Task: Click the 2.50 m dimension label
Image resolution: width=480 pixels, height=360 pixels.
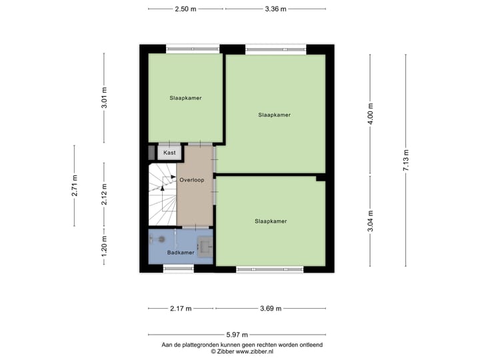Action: click(185, 9)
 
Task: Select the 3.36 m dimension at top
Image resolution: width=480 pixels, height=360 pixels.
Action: click(275, 9)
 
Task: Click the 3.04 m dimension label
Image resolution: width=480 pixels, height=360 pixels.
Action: click(371, 220)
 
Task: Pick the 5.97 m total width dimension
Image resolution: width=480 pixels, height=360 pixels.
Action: click(237, 335)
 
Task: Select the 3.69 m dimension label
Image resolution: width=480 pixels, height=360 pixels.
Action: click(270, 309)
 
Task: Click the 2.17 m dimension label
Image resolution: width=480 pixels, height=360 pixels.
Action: click(180, 309)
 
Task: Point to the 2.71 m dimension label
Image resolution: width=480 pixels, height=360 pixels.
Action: click(75, 185)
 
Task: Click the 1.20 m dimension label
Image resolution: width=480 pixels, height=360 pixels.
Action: click(103, 247)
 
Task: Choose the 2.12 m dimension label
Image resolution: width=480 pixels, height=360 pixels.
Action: click(103, 195)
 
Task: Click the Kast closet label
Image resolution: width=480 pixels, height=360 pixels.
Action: click(169, 153)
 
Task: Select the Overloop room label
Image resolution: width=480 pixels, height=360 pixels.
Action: click(191, 179)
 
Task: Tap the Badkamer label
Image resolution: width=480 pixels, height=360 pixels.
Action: click(181, 253)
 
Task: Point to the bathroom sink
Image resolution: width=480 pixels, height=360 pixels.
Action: click(204, 247)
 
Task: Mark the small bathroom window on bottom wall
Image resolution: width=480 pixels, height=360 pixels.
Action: click(178, 268)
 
